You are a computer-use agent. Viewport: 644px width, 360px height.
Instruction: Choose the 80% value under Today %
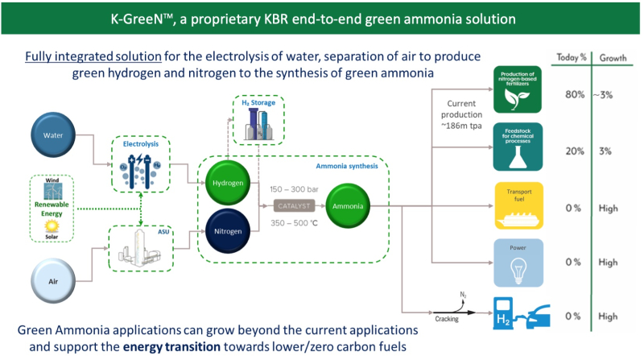[x=573, y=94]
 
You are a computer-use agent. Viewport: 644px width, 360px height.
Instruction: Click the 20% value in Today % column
[x=573, y=151]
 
